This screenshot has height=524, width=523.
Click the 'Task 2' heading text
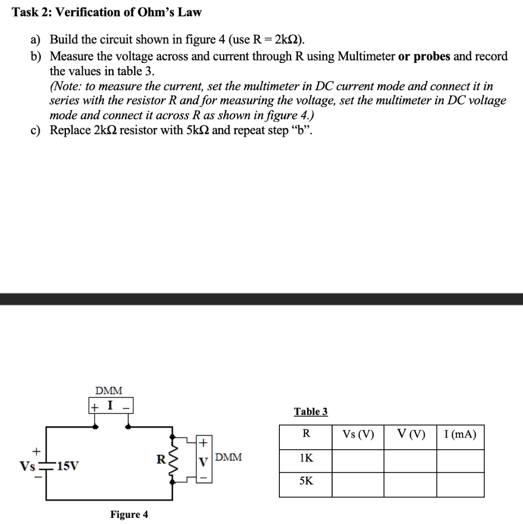tap(107, 12)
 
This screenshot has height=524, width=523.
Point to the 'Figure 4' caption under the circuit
tap(129, 514)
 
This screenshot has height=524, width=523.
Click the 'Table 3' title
tap(311, 411)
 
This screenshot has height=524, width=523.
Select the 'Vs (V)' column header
tap(358, 434)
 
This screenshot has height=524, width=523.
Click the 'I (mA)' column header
tap(460, 434)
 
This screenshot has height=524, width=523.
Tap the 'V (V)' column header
tap(410, 434)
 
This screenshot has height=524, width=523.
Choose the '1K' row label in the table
tap(306, 459)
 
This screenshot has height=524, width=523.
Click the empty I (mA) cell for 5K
tap(460, 484)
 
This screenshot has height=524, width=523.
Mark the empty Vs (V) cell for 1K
tap(358, 461)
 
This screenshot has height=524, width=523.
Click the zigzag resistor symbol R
tap(172, 459)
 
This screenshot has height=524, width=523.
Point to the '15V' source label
tap(69, 466)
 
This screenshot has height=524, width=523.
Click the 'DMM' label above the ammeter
tap(109, 390)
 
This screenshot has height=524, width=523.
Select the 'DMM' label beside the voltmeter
tap(229, 457)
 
